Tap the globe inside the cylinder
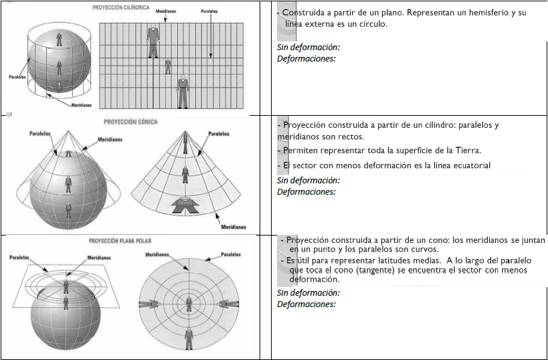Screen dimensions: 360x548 [60, 62]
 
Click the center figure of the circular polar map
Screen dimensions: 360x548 [188, 304]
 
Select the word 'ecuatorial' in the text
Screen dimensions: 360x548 [469, 165]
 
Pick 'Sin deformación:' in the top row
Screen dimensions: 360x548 [308, 48]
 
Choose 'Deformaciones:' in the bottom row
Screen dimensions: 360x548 [306, 304]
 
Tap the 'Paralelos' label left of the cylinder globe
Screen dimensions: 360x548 [18, 76]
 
